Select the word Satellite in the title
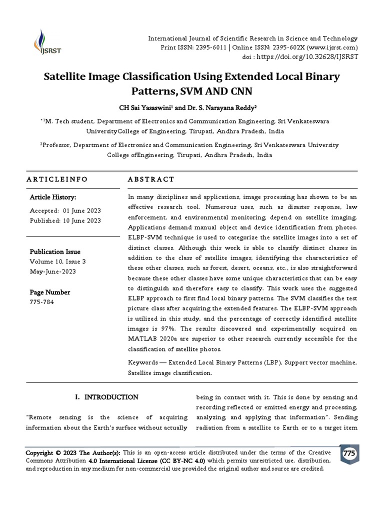click(x=66, y=77)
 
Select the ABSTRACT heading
click(x=151, y=179)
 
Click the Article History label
click(x=53, y=197)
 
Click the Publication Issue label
click(x=55, y=251)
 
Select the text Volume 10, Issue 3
click(x=58, y=261)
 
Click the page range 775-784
click(x=42, y=302)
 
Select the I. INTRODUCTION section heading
click(x=106, y=397)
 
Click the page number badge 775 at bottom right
click(x=348, y=453)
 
